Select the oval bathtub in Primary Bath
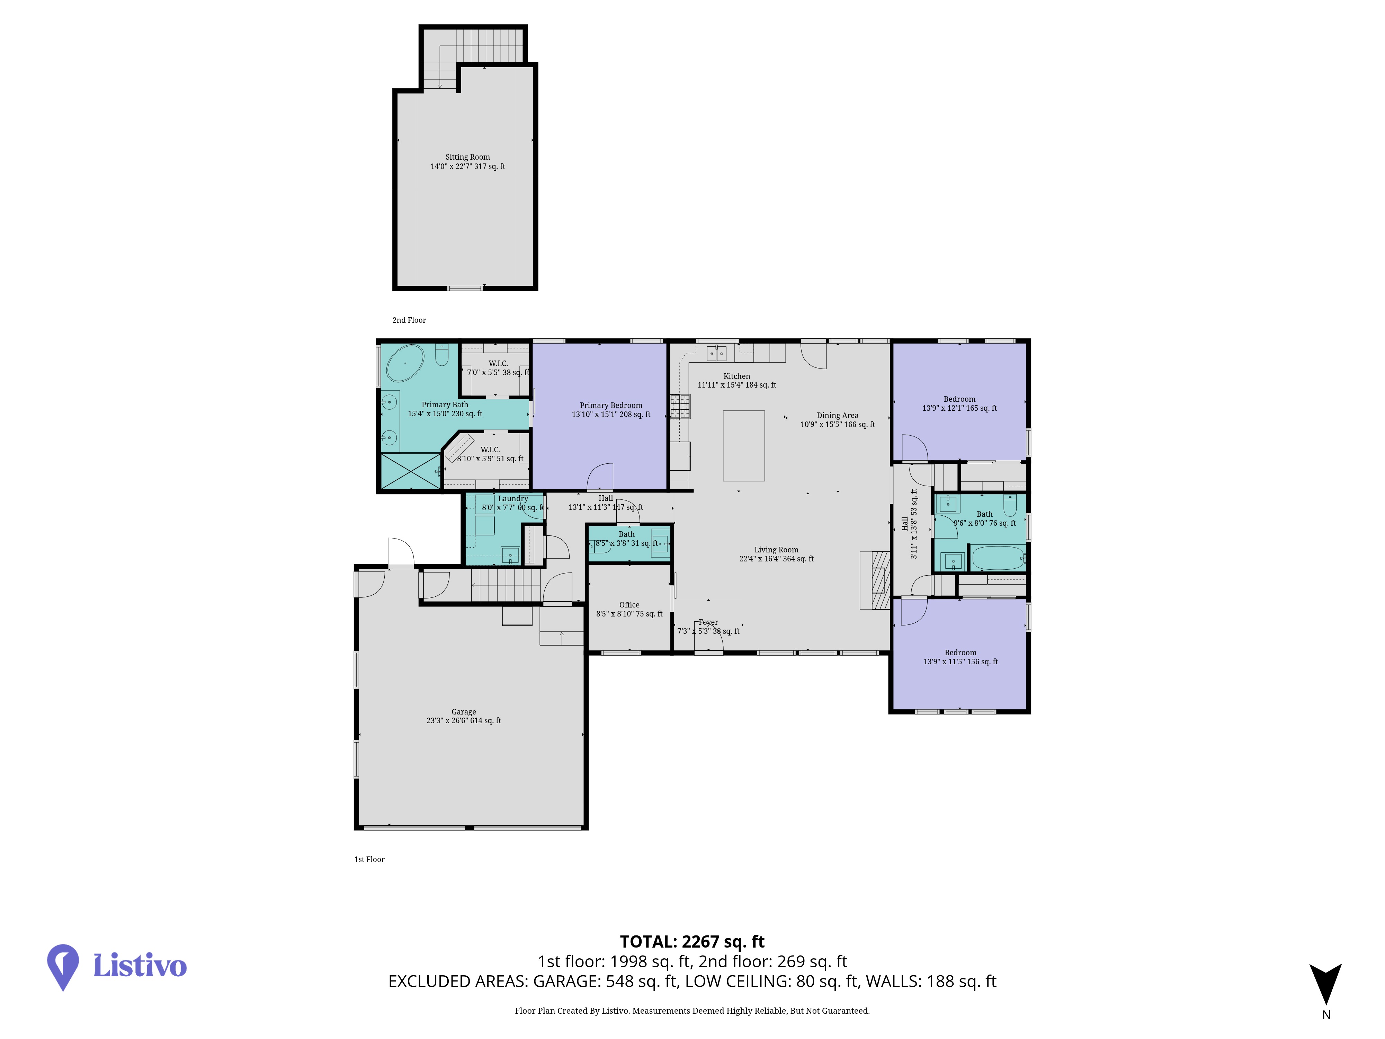tap(405, 363)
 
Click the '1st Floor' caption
tap(369, 859)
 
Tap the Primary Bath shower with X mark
tap(411, 471)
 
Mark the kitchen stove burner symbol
tap(681, 406)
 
